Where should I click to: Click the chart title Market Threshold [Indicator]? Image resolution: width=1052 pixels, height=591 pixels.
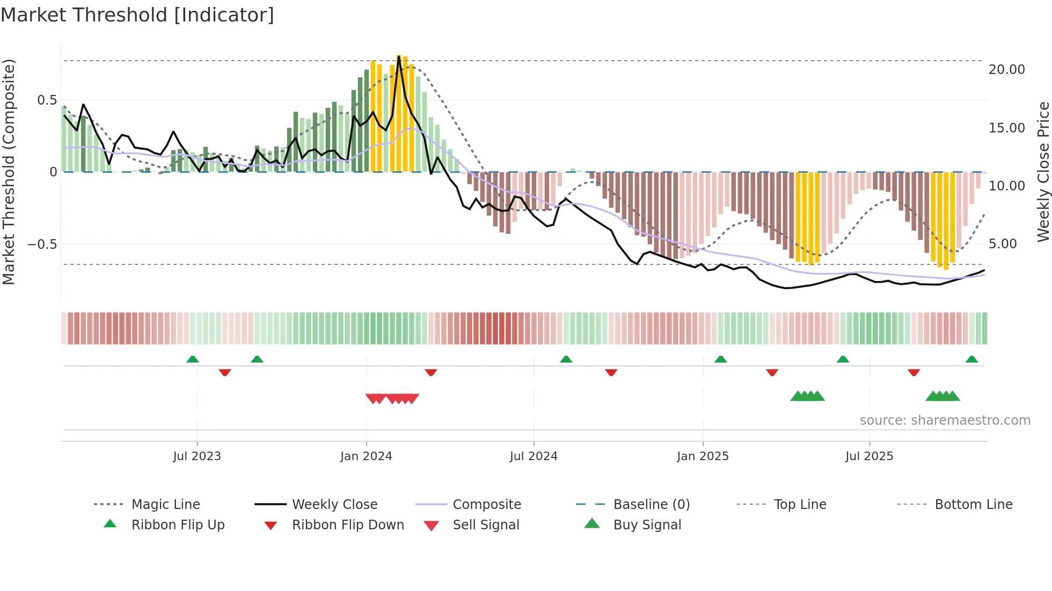pyautogui.click(x=137, y=15)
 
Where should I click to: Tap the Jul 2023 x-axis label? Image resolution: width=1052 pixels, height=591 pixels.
pyautogui.click(x=197, y=456)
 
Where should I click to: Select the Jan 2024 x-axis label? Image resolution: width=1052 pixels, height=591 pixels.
pyautogui.click(x=366, y=456)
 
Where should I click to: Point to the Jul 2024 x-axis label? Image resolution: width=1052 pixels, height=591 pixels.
pyautogui.click(x=534, y=456)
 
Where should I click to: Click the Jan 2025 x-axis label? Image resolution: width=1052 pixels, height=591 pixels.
pyautogui.click(x=703, y=456)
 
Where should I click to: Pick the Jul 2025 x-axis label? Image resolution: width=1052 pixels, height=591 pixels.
pyautogui.click(x=869, y=456)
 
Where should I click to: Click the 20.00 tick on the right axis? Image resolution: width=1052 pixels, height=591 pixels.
pyautogui.click(x=1006, y=70)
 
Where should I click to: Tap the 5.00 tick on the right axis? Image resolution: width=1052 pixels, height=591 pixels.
pyautogui.click(x=1006, y=244)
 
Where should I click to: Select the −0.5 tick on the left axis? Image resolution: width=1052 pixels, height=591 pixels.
pyautogui.click(x=42, y=245)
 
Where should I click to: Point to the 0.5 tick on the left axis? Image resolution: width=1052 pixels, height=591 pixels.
pyautogui.click(x=47, y=100)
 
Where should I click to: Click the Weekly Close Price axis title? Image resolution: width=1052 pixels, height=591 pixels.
pyautogui.click(x=1043, y=172)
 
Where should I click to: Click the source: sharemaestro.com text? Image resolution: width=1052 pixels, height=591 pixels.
pyautogui.click(x=945, y=420)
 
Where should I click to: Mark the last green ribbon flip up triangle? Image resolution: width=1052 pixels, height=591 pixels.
pyautogui.click(x=971, y=359)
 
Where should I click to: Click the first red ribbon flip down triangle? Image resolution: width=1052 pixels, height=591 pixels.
pyautogui.click(x=225, y=372)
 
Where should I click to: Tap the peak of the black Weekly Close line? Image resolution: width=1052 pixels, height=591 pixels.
pyautogui.click(x=399, y=56)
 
